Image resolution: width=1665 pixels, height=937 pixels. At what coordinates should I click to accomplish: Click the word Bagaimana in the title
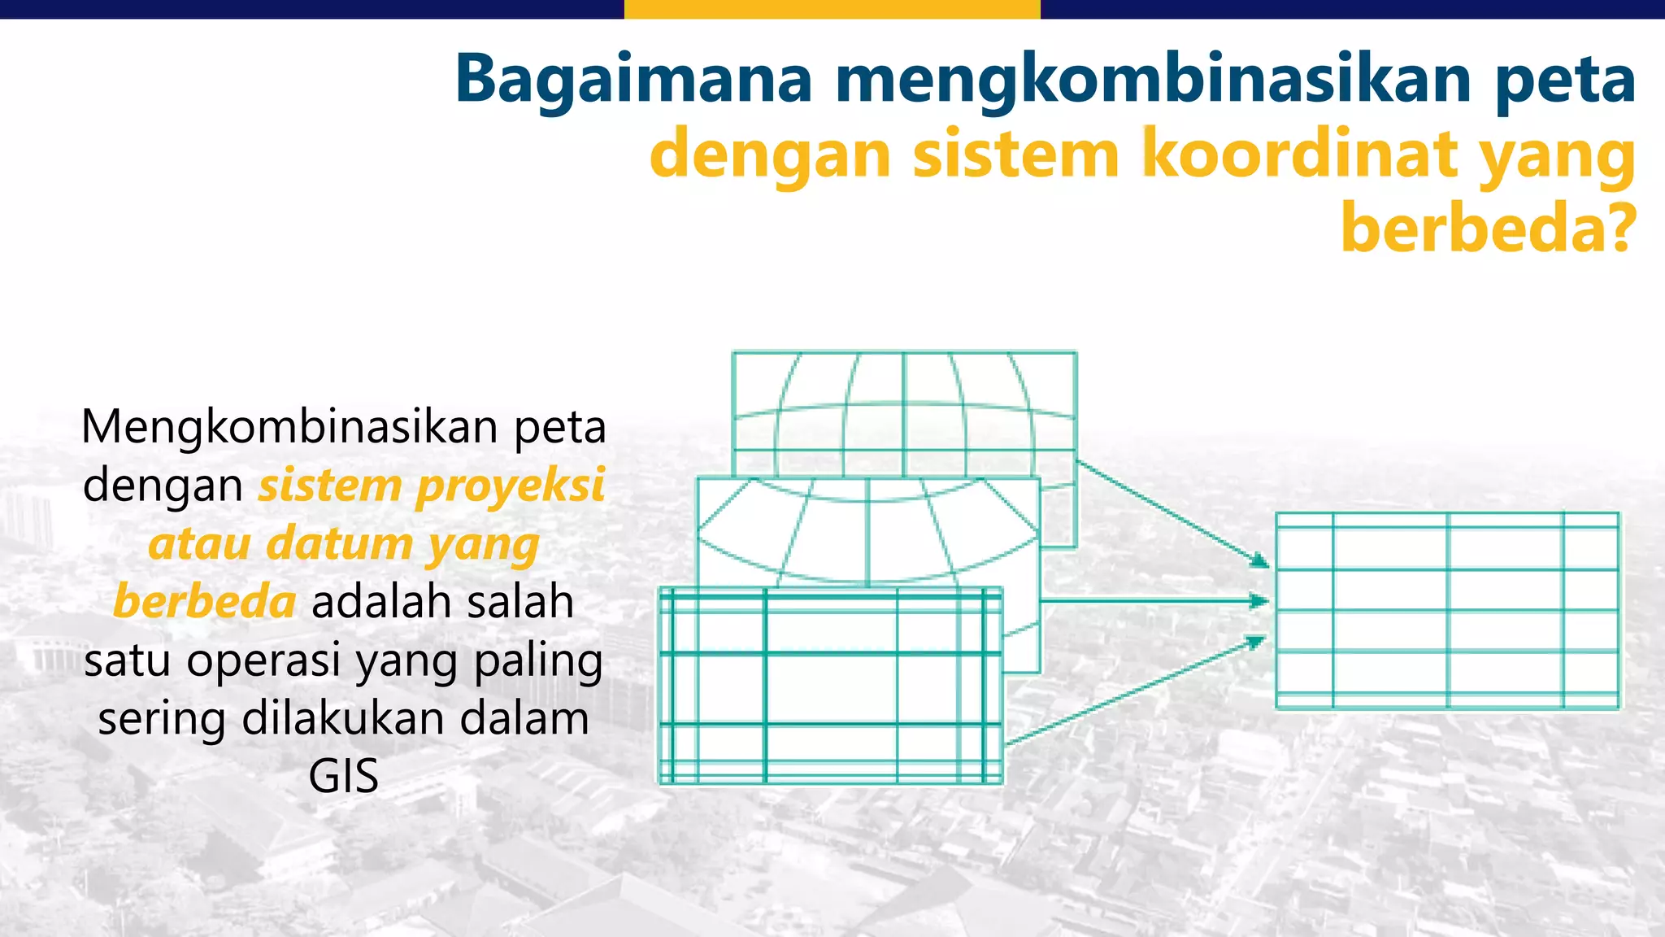coord(633,80)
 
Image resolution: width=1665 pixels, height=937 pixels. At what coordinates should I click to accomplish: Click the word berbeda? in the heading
coord(1488,228)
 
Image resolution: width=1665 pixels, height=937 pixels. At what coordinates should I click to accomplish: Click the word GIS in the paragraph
coord(343,776)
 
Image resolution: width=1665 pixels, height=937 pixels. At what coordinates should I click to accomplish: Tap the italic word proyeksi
coord(511,486)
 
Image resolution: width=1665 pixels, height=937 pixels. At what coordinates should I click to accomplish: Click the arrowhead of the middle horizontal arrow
coord(1259,601)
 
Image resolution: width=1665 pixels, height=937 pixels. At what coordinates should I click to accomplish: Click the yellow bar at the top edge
coord(832,9)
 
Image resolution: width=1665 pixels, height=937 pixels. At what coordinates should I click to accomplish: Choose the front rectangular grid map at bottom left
coord(830,686)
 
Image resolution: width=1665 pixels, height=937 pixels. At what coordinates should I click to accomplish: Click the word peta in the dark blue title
coord(1565,80)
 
